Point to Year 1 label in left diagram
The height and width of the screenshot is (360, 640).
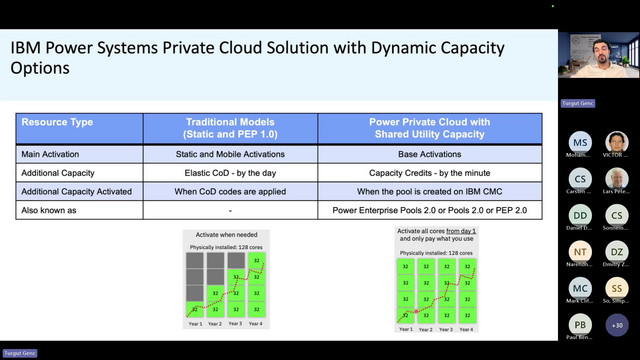tap(194, 324)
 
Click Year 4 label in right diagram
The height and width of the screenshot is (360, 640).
tap(465, 329)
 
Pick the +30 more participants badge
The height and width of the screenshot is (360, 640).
tap(617, 326)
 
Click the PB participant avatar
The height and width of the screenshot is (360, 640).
tap(581, 326)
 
